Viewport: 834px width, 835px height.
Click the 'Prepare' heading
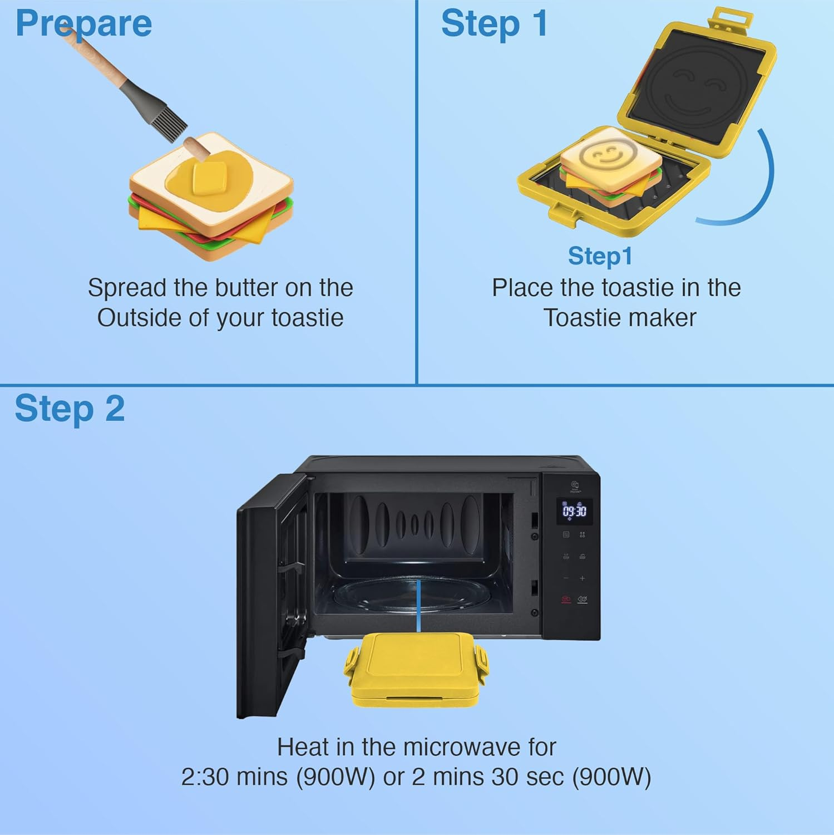tap(83, 23)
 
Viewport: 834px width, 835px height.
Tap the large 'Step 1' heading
tap(494, 23)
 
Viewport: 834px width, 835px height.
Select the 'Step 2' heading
tap(70, 409)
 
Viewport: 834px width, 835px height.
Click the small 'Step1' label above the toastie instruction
tap(600, 256)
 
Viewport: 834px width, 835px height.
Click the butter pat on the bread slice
tap(209, 177)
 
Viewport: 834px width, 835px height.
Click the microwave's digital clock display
tap(574, 511)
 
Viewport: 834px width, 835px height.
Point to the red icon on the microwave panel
tap(566, 599)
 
